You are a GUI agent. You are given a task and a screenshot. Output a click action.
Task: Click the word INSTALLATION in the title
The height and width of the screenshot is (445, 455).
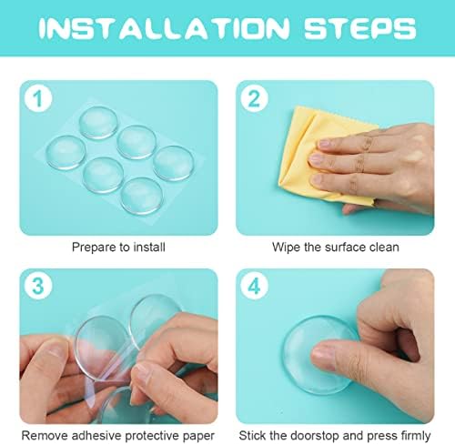click(x=164, y=28)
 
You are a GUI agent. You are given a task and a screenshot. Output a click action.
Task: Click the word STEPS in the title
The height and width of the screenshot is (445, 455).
click(x=360, y=28)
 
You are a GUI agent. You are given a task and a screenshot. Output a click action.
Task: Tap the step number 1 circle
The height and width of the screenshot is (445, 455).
click(x=38, y=98)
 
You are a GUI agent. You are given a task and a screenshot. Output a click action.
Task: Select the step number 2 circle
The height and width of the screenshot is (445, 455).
click(x=254, y=98)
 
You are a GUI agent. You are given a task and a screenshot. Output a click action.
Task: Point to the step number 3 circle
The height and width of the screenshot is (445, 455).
click(x=38, y=286)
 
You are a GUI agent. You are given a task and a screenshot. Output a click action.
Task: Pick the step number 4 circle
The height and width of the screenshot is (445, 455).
click(x=254, y=286)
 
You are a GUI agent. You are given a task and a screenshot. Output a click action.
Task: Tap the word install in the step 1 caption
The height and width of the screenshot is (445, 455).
click(x=149, y=247)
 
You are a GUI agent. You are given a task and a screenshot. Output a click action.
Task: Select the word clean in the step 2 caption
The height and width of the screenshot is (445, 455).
click(x=384, y=247)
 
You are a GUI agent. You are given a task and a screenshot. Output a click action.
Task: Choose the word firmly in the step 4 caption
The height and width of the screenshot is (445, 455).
click(x=416, y=436)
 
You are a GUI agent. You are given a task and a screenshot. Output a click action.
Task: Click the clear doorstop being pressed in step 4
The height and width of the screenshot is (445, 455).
click(x=318, y=354)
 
